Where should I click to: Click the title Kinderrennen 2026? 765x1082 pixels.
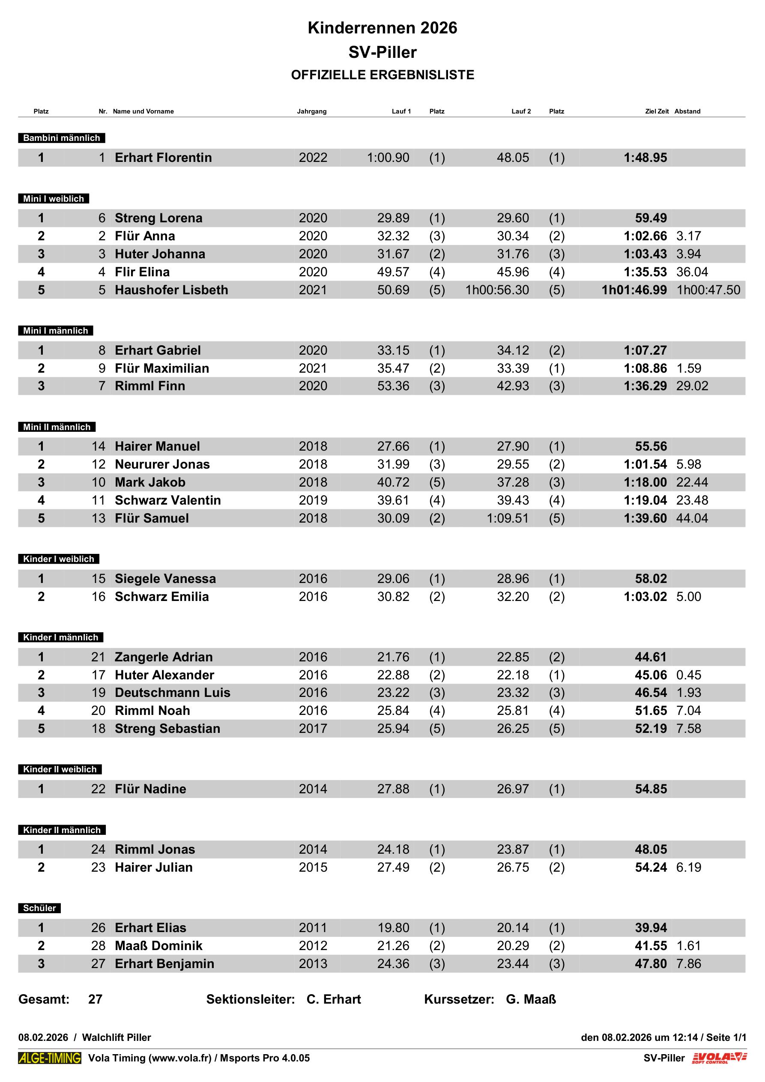[382, 28]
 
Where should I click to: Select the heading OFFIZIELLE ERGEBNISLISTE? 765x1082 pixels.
[382, 75]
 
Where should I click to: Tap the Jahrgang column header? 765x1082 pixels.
[311, 112]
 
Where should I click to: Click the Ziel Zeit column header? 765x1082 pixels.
[657, 112]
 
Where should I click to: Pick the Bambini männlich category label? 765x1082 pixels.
[61, 138]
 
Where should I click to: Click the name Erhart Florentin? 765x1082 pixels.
[163, 158]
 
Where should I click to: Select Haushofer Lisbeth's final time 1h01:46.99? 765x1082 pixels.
[634, 290]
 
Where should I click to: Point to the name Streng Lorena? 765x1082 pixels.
[158, 218]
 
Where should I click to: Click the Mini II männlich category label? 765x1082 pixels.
[57, 427]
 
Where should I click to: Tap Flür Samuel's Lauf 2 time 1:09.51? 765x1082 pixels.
[507, 518]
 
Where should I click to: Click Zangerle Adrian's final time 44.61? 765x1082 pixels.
[651, 657]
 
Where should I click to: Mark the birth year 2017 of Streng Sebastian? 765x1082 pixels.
[313, 729]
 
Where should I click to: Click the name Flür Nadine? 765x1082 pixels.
[150, 789]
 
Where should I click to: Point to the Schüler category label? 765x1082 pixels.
[39, 908]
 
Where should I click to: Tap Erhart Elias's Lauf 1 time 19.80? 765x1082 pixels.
[393, 927]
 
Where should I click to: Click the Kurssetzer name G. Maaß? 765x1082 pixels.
[531, 999]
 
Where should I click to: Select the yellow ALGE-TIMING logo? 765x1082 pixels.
[50, 1058]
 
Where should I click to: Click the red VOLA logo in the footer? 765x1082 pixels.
[719, 1058]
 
